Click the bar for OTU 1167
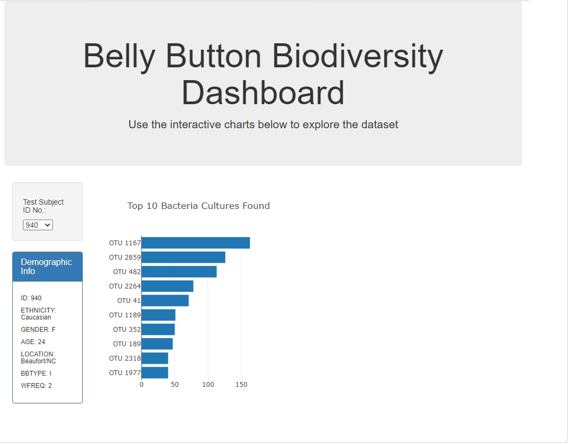(x=195, y=243)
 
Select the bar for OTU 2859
(x=183, y=258)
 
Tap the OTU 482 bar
(x=179, y=272)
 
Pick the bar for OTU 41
(x=165, y=300)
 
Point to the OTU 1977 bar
(x=155, y=372)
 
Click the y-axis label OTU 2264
(x=124, y=286)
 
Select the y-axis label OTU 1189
(x=124, y=315)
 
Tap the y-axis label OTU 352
(x=127, y=330)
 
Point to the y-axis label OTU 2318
(x=124, y=359)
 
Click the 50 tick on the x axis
(x=175, y=385)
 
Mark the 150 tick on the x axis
(x=241, y=385)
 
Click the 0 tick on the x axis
(x=141, y=385)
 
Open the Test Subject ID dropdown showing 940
(x=38, y=225)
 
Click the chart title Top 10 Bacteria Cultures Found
(x=199, y=206)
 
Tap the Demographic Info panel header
(x=48, y=267)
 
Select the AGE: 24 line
(x=33, y=342)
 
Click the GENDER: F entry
(x=38, y=330)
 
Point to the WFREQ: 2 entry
(x=36, y=386)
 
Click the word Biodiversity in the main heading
(x=358, y=57)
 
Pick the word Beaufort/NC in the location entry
(x=38, y=361)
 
